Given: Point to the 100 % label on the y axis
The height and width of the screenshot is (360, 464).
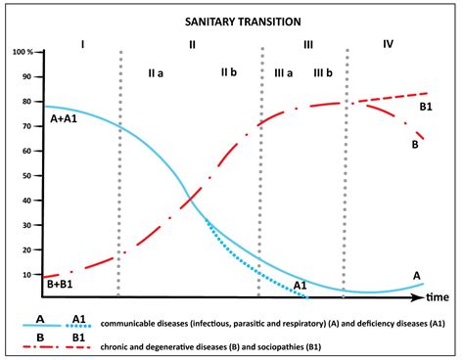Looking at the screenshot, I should point(23,50).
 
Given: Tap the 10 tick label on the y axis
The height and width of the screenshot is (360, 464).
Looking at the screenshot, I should point(25,275).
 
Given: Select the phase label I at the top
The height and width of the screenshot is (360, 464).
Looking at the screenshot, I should point(83,45).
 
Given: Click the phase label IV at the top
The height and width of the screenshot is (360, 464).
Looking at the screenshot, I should point(389,45).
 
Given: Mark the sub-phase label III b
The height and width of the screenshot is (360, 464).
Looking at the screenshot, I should point(324,73).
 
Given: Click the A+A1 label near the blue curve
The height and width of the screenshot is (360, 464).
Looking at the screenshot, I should point(66,120).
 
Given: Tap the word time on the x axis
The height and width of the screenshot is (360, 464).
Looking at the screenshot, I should point(437,296).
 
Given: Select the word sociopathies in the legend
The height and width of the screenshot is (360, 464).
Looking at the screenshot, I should point(326,345).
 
